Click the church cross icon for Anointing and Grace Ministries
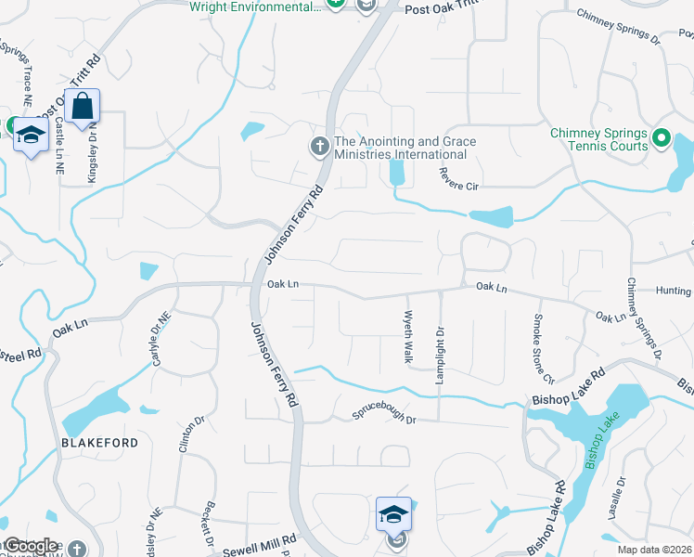click(x=319, y=146)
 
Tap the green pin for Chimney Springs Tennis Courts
click(x=661, y=139)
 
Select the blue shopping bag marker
click(x=83, y=109)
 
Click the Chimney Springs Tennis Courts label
click(x=598, y=139)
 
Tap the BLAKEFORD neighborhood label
click(x=99, y=443)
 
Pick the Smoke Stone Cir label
click(x=542, y=349)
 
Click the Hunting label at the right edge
click(x=674, y=290)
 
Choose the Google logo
click(x=32, y=547)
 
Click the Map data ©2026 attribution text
click(x=655, y=550)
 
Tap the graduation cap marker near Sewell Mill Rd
click(x=392, y=513)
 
